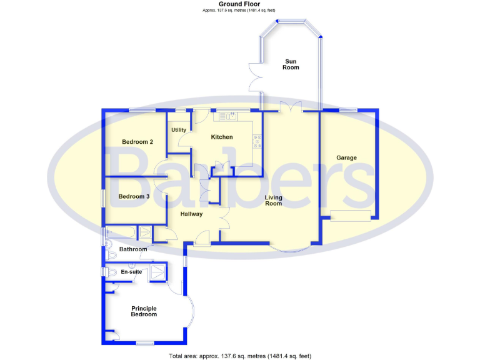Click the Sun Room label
291,65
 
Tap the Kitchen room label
222,137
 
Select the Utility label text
179,129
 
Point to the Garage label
346,157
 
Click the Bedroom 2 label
137,142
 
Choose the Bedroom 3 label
134,197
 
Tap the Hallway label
191,214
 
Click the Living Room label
273,201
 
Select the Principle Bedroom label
144,311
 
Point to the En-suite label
131,272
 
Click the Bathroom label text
133,249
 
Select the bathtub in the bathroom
121,232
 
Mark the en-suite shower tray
157,273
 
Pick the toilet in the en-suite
111,272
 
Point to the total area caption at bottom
240,356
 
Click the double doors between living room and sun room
291,106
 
